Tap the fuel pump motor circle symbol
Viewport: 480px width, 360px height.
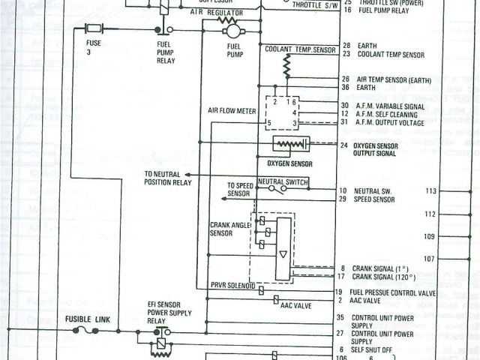(x=232, y=31)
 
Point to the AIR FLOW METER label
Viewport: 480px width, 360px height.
(x=232, y=110)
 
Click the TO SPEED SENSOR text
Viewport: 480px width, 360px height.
(x=241, y=190)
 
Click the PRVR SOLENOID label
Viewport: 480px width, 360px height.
(x=233, y=286)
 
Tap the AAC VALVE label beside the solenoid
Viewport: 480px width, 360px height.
(x=296, y=306)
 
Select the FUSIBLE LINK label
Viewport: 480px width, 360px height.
(x=88, y=319)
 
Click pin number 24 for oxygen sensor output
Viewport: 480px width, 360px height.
(x=344, y=145)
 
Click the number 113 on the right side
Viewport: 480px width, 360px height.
(x=430, y=191)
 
